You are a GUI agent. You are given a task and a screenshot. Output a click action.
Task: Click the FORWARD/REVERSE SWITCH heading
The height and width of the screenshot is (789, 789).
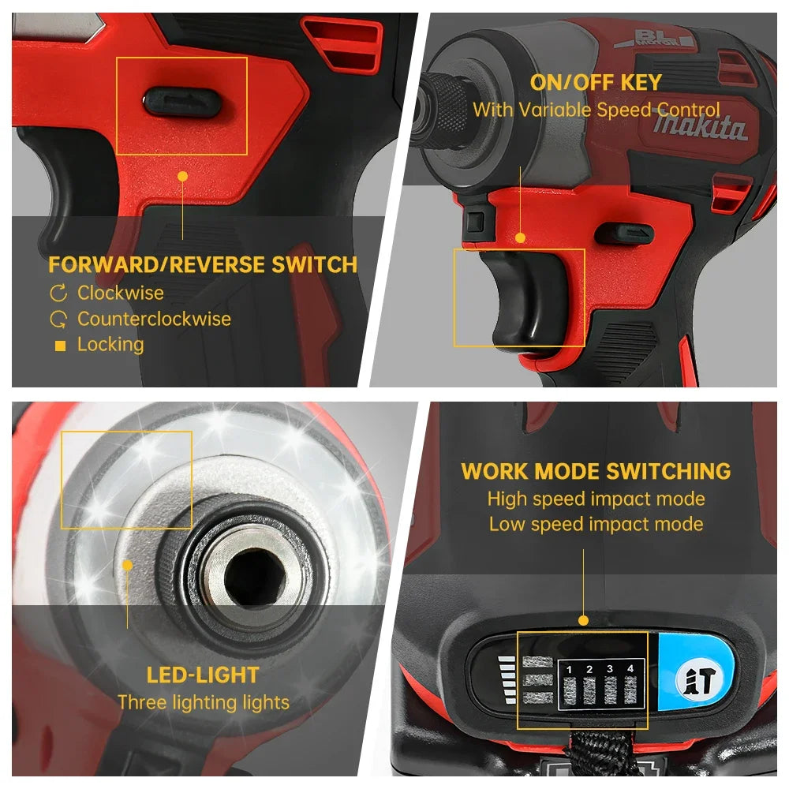203,264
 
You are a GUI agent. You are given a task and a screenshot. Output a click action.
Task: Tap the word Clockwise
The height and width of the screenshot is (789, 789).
121,293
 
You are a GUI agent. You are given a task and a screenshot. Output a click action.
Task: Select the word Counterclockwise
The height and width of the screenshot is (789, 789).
154,319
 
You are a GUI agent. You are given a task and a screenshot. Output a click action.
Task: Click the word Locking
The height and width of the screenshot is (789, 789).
110,345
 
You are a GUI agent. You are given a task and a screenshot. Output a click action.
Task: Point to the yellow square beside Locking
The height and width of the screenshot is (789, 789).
60,346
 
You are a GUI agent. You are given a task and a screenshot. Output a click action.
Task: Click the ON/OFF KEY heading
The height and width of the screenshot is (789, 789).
596,83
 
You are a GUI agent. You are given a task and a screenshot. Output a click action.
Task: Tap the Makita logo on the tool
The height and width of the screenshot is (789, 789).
699,126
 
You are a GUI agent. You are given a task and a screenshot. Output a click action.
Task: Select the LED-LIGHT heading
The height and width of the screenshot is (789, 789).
203,675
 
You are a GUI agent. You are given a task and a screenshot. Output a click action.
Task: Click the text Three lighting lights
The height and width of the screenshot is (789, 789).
204,702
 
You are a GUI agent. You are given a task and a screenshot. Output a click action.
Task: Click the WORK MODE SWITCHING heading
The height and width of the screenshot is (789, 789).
596,472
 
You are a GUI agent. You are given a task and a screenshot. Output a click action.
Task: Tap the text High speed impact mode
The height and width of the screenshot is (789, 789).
596,499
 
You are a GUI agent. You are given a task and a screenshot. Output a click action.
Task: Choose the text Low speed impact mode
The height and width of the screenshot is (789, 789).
596,524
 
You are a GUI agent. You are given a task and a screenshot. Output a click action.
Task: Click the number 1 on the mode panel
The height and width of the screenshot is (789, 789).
570,669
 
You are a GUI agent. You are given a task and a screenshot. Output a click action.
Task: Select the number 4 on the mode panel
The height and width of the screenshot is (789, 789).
630,669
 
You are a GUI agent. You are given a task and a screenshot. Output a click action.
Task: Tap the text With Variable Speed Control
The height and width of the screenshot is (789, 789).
596,110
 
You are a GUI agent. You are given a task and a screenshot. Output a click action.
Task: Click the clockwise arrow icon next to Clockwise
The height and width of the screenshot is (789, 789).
59,294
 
